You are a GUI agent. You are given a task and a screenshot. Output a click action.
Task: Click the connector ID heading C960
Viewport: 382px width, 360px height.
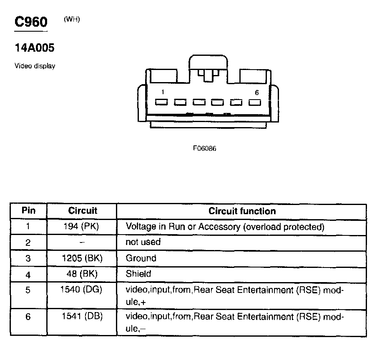tap(31, 22)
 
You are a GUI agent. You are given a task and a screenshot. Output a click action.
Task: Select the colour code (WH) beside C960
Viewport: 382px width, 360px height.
tap(72, 20)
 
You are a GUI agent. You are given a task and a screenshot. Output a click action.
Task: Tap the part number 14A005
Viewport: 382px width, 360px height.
tap(35, 48)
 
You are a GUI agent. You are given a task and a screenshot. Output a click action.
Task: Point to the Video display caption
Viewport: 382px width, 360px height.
tap(35, 66)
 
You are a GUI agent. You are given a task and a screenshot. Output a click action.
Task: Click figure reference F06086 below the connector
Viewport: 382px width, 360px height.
tap(204, 148)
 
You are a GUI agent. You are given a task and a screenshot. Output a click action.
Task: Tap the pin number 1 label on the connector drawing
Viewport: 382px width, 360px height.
tap(162, 92)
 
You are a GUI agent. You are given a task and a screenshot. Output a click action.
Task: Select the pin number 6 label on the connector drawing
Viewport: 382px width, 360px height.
tap(256, 92)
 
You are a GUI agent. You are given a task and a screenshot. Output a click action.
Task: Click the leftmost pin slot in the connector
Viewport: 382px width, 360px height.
tap(161, 102)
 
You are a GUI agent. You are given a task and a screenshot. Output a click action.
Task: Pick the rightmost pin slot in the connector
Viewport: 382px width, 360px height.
tap(254, 102)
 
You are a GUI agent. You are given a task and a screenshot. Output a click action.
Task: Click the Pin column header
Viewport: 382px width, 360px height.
tap(28, 211)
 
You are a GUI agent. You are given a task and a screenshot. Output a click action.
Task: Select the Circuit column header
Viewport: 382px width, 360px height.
tap(82, 211)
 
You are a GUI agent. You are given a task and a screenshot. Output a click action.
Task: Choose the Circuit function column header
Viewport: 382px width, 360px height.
tap(242, 211)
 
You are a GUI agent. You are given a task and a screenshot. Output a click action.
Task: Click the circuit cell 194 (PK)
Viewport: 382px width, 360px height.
tap(82, 227)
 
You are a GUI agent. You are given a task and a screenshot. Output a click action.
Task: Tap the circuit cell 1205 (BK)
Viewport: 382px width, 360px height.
tap(82, 258)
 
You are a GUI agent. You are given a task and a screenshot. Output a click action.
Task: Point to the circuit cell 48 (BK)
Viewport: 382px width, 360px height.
tap(82, 274)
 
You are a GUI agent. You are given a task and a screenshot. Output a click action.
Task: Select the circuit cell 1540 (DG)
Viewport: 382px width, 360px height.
tap(82, 290)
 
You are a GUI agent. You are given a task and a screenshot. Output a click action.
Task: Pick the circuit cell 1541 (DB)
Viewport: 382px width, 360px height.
tap(82, 317)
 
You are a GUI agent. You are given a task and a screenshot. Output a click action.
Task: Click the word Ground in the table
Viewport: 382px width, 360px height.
tap(141, 258)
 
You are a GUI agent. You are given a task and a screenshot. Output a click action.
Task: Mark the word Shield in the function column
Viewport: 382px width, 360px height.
tap(138, 274)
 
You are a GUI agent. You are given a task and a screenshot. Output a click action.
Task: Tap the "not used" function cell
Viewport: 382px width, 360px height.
tap(143, 242)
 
